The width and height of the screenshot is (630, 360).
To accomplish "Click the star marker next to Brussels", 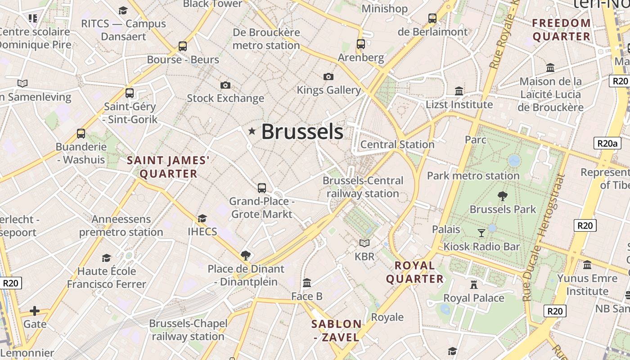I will pyautogui.click(x=252, y=131).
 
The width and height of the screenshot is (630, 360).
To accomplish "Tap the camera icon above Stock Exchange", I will pyautogui.click(x=225, y=85).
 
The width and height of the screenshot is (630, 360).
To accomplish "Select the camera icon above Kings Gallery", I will pyautogui.click(x=328, y=76).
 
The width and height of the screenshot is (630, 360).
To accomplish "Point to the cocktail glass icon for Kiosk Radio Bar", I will pyautogui.click(x=481, y=233).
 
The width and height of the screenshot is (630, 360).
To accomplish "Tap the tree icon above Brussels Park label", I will pyautogui.click(x=503, y=196).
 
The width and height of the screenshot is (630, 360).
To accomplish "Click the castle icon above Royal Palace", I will pyautogui.click(x=473, y=284).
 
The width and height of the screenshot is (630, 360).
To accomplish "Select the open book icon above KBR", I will pyautogui.click(x=364, y=243).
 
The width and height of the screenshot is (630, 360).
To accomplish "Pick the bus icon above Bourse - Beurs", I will pyautogui.click(x=183, y=46).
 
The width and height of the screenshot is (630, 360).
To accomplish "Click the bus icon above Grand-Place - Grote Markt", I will pyautogui.click(x=262, y=188).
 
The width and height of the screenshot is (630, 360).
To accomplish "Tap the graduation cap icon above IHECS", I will pyautogui.click(x=202, y=219).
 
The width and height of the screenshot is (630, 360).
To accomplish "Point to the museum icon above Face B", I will pyautogui.click(x=307, y=283).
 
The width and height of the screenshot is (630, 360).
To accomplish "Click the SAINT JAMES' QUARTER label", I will pyautogui.click(x=168, y=167).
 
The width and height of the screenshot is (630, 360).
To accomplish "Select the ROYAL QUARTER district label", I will pyautogui.click(x=415, y=272).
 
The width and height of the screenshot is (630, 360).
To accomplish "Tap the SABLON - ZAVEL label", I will pyautogui.click(x=337, y=330).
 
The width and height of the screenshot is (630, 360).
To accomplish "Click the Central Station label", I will pyautogui.click(x=397, y=144).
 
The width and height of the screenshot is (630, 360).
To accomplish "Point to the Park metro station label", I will pyautogui.click(x=473, y=175).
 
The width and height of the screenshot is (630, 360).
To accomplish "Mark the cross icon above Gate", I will pyautogui.click(x=35, y=311).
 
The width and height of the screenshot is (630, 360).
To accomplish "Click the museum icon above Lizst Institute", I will pyautogui.click(x=459, y=91).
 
